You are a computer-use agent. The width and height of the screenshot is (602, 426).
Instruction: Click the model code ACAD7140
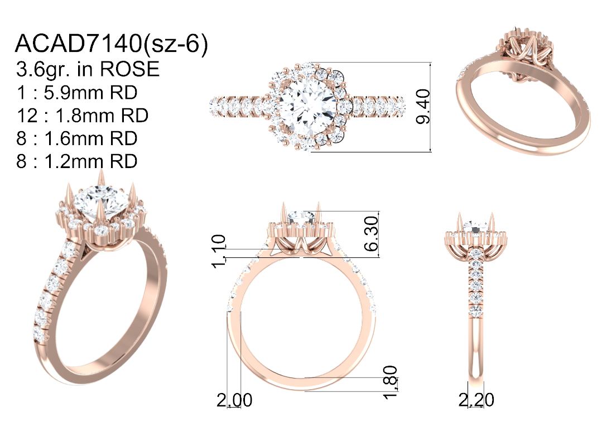coord(78,43)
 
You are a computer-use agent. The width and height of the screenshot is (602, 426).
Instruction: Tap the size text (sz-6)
coord(175,44)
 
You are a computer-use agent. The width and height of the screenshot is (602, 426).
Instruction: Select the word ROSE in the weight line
coord(129,69)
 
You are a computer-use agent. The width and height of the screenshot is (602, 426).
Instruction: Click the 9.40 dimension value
coord(423,107)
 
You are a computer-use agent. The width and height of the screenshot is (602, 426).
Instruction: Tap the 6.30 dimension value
coord(371,233)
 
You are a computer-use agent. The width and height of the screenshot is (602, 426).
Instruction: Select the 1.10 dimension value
coord(219,251)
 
